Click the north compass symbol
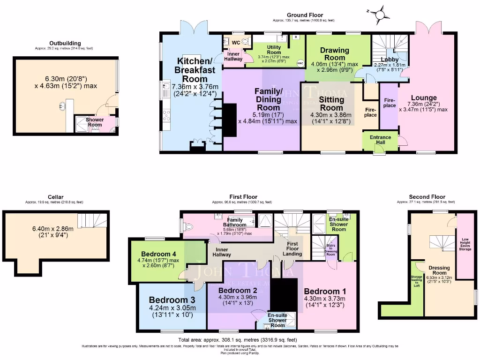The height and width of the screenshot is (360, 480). [x=381, y=14]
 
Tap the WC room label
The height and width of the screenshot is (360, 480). [x=236, y=42]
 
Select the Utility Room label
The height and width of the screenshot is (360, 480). [x=274, y=49]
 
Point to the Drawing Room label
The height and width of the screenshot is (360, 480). [x=334, y=54]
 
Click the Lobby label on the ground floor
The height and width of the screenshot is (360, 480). [x=390, y=60]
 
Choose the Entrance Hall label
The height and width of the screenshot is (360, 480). [x=380, y=139]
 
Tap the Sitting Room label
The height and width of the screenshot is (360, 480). [x=331, y=104]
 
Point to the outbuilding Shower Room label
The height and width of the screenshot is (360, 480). [x=94, y=122]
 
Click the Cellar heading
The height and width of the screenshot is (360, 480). [x=55, y=197]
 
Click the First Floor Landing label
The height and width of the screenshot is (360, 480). [x=292, y=249]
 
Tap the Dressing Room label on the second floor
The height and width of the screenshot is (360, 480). [x=439, y=270]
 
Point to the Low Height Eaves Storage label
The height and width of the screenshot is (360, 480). [x=465, y=244]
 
